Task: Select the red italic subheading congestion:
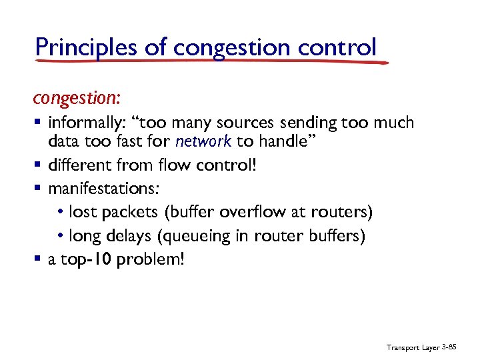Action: pos(77,98)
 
